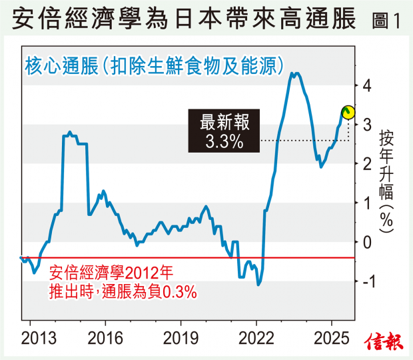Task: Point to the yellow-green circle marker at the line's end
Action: click(348, 112)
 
